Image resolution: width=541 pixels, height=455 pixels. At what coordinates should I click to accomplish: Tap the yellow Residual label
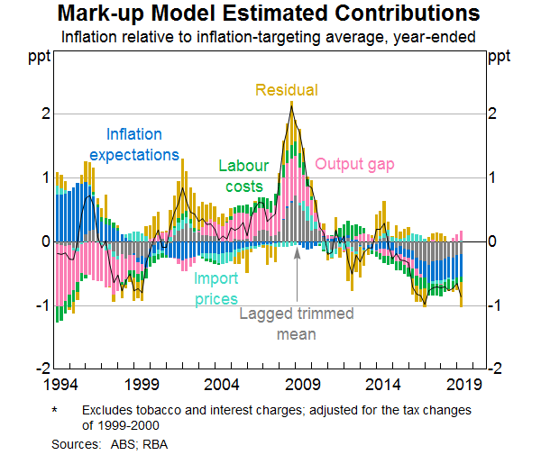coord(286,90)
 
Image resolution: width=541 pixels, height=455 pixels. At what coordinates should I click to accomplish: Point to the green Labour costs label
coord(241,177)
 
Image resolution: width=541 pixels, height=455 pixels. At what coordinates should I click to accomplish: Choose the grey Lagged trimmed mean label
coord(297,324)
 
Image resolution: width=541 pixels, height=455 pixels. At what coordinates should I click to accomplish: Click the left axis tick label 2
coord(44,114)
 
